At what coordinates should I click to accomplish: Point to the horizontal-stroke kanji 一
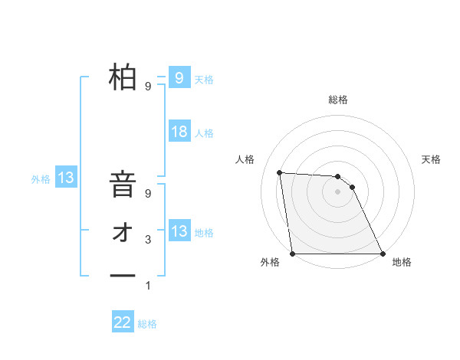[123, 275]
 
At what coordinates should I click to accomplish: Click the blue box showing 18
[179, 132]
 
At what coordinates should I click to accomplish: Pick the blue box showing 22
[123, 322]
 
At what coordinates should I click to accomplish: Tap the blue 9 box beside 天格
[179, 78]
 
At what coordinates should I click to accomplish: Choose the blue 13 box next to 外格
[66, 178]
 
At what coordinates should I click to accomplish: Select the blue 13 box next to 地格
[179, 231]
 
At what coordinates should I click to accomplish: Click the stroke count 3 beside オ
[148, 240]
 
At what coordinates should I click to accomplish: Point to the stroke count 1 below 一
[148, 286]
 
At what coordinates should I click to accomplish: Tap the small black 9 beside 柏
[148, 87]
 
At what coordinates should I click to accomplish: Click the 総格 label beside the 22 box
[147, 324]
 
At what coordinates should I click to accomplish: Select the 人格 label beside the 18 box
[204, 133]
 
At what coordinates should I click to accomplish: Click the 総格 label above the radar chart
[338, 100]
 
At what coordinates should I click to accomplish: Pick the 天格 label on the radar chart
[432, 159]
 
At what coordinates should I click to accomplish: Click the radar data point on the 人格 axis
[279, 172]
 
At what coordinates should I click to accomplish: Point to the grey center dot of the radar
[338, 191]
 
